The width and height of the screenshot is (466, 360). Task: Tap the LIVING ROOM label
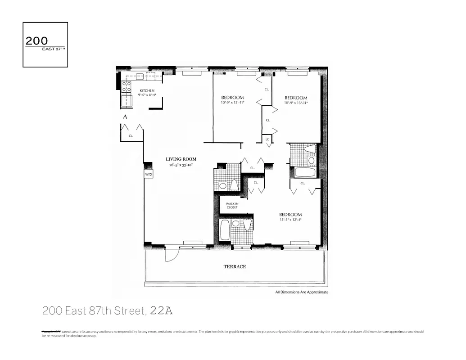(x=181, y=159)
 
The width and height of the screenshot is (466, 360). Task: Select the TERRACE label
(x=235, y=266)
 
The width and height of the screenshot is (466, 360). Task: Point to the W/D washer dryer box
(x=148, y=174)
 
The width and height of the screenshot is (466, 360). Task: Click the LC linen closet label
(x=267, y=139)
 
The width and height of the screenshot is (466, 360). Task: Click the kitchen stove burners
(x=126, y=86)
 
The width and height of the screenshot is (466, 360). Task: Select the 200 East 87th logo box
(x=45, y=45)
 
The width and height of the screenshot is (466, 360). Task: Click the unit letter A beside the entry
(x=126, y=117)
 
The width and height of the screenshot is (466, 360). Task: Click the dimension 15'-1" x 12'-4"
(x=290, y=220)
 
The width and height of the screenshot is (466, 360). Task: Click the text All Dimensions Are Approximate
(x=302, y=292)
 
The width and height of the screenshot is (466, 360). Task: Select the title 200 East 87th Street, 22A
(x=108, y=310)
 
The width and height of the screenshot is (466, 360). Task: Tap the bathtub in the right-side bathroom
(x=305, y=172)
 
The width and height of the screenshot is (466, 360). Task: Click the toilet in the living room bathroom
(x=234, y=184)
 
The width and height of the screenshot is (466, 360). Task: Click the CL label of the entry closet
(x=131, y=135)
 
